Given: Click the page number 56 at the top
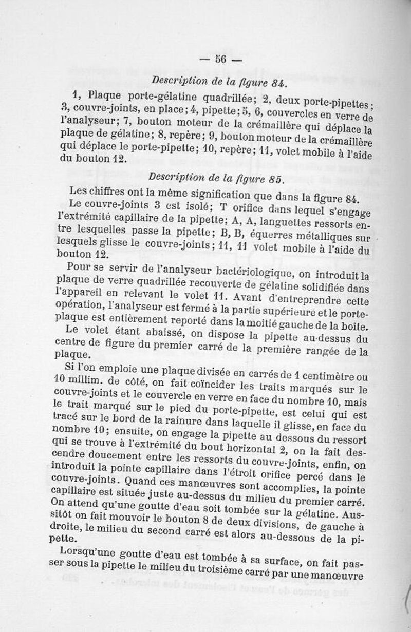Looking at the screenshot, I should (x=221, y=60).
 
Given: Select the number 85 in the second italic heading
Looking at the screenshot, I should (x=275, y=179).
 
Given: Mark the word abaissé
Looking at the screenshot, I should (x=140, y=331).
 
